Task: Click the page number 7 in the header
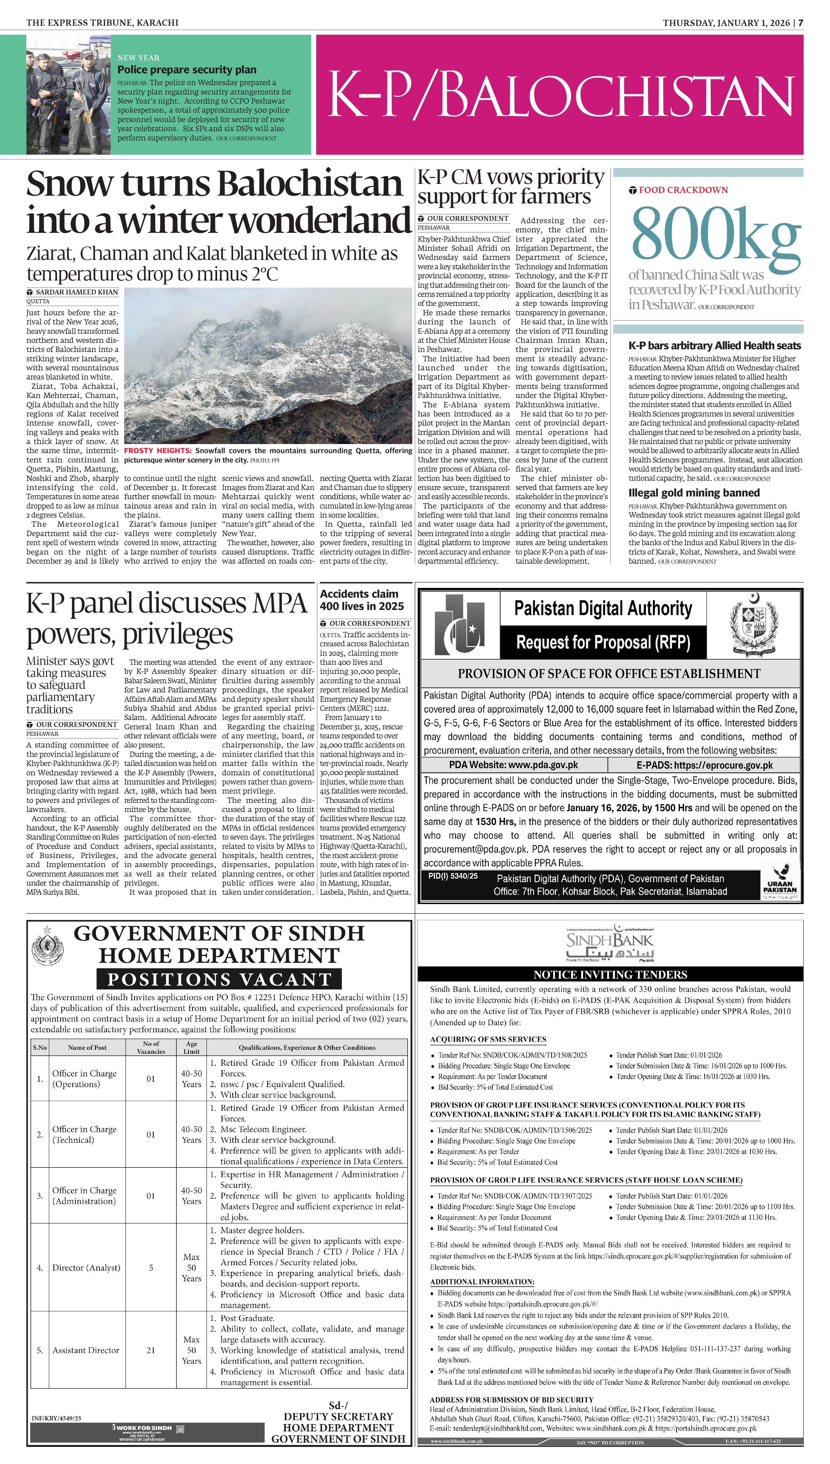click(x=800, y=23)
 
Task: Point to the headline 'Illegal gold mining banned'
click(x=694, y=493)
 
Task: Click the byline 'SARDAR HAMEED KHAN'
click(x=76, y=292)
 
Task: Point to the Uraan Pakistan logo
click(x=779, y=881)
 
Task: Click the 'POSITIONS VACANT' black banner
click(x=219, y=979)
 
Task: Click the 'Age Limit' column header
click(x=192, y=1048)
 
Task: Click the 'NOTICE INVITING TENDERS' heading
click(x=610, y=974)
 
